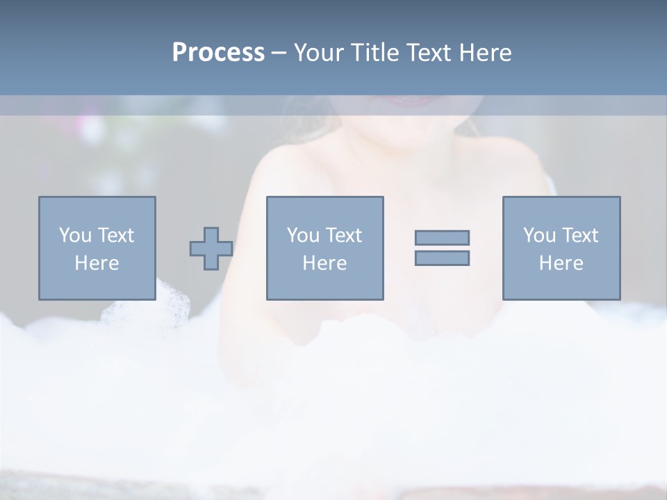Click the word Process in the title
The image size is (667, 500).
tap(218, 53)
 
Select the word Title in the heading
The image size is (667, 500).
tap(377, 53)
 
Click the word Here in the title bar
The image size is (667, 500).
tap(487, 53)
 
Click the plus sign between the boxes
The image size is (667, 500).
tap(211, 249)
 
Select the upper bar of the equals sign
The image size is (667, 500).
tap(442, 238)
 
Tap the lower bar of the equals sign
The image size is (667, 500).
tap(442, 258)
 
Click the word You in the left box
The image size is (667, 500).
tap(75, 235)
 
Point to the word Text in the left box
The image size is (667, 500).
tap(115, 235)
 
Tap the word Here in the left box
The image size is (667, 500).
tap(97, 263)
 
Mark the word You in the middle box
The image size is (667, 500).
tap(303, 235)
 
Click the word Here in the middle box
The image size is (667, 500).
tap(324, 263)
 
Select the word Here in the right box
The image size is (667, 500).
tap(561, 263)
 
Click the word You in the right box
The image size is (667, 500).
tap(539, 235)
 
